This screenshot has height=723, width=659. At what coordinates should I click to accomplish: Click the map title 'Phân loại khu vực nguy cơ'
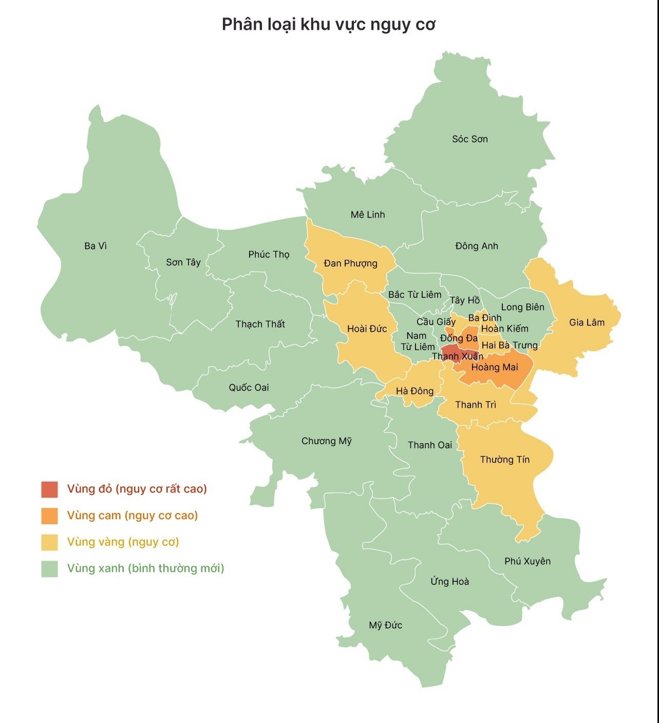tap(329, 25)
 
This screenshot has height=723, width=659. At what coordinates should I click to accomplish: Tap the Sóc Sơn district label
tap(469, 139)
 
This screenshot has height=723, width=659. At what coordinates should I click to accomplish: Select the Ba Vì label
tap(96, 246)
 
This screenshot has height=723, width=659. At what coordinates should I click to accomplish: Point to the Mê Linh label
tap(367, 215)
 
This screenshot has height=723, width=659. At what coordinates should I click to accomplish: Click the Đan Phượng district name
tap(350, 263)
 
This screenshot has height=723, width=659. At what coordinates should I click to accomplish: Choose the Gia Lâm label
tap(587, 322)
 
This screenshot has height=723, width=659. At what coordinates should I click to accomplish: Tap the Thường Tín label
tap(504, 460)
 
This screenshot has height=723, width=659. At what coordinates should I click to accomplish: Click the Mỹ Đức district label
tap(385, 625)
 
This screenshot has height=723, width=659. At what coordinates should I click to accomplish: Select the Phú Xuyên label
tap(527, 561)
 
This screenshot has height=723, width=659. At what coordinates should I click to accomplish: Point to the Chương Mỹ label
tap(326, 441)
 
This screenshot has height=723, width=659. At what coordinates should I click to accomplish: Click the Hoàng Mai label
tap(495, 367)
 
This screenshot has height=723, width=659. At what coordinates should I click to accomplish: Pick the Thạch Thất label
tap(260, 324)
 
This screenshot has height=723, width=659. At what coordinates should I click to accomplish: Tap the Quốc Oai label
tap(249, 388)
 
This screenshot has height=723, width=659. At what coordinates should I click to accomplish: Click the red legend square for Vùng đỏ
tap(50, 489)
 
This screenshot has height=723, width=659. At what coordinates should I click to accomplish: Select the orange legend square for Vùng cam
tap(50, 516)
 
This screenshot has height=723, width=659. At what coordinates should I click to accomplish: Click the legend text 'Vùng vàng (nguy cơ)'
tap(123, 542)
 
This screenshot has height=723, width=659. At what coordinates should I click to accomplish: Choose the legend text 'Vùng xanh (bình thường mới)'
tap(145, 568)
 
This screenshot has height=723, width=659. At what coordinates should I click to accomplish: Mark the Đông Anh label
tap(476, 246)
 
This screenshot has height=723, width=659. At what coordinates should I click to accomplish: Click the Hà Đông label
tap(415, 391)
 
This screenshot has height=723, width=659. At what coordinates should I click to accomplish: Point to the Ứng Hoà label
tap(449, 581)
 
